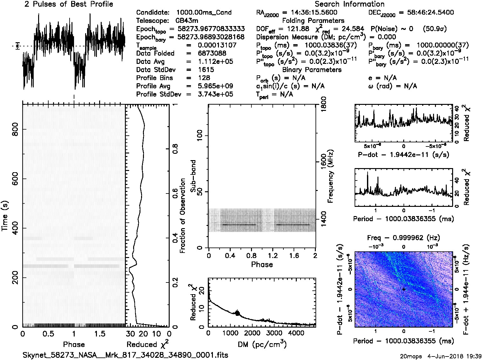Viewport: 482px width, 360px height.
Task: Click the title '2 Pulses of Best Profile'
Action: tap(69, 4)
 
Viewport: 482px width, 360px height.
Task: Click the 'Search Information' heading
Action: tap(350, 4)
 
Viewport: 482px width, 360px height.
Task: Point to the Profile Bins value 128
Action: tap(204, 78)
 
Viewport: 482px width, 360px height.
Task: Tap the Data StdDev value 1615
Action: tap(206, 70)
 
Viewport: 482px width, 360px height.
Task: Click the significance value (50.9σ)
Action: tap(435, 29)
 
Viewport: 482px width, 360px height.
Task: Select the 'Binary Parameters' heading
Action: tap(312, 70)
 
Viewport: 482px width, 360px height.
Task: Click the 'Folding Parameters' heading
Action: tap(313, 21)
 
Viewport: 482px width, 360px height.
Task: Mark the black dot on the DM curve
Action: tap(237, 313)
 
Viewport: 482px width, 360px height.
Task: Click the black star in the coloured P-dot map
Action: tap(404, 289)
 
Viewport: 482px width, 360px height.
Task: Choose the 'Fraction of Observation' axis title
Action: tap(183, 216)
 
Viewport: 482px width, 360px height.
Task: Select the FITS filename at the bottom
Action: tap(125, 355)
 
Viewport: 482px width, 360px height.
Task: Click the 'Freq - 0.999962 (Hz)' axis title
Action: tap(403, 238)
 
